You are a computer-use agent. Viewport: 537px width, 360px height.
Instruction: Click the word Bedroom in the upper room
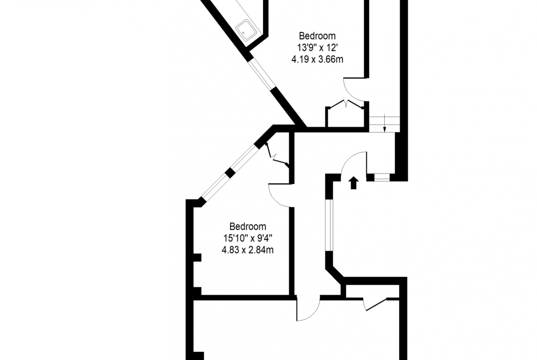coord(317,36)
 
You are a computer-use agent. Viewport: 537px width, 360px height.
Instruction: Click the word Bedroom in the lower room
coord(247,227)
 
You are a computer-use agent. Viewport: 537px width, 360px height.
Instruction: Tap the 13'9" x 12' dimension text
coord(318,47)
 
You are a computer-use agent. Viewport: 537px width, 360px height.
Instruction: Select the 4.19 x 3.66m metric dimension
coord(317,59)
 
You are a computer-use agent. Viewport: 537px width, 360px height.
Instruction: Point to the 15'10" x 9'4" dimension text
coord(247,238)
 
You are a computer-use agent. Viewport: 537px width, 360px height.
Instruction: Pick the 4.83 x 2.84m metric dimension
coord(247,250)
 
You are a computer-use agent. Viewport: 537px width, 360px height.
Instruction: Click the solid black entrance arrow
coord(354,183)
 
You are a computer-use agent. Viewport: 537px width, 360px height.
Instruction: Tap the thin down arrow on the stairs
coord(385,124)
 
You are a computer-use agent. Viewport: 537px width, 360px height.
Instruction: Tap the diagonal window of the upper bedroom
coord(261,75)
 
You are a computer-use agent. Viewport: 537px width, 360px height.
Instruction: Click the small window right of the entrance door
coord(382,177)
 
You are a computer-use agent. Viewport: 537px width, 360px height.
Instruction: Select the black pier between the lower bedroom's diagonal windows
coord(230,173)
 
